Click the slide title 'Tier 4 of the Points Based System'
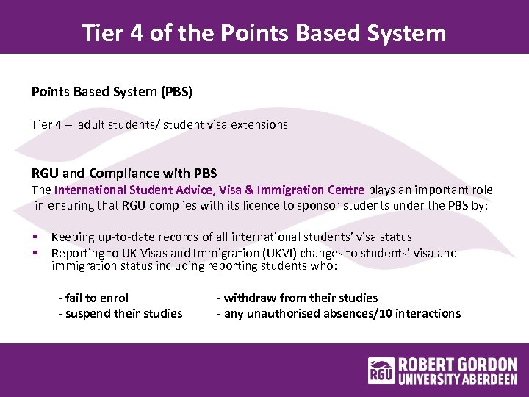click(264, 33)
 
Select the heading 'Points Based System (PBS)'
click(111, 93)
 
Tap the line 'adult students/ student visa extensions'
click(183, 125)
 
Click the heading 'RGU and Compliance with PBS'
click(124, 174)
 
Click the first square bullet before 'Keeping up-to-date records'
click(35, 237)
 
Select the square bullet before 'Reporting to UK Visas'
click(35, 253)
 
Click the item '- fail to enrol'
click(93, 298)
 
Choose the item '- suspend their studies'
click(120, 313)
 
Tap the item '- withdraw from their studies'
click(297, 298)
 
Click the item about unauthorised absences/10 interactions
click(339, 313)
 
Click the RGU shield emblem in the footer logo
click(381, 371)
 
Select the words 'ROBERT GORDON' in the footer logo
click(457, 365)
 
